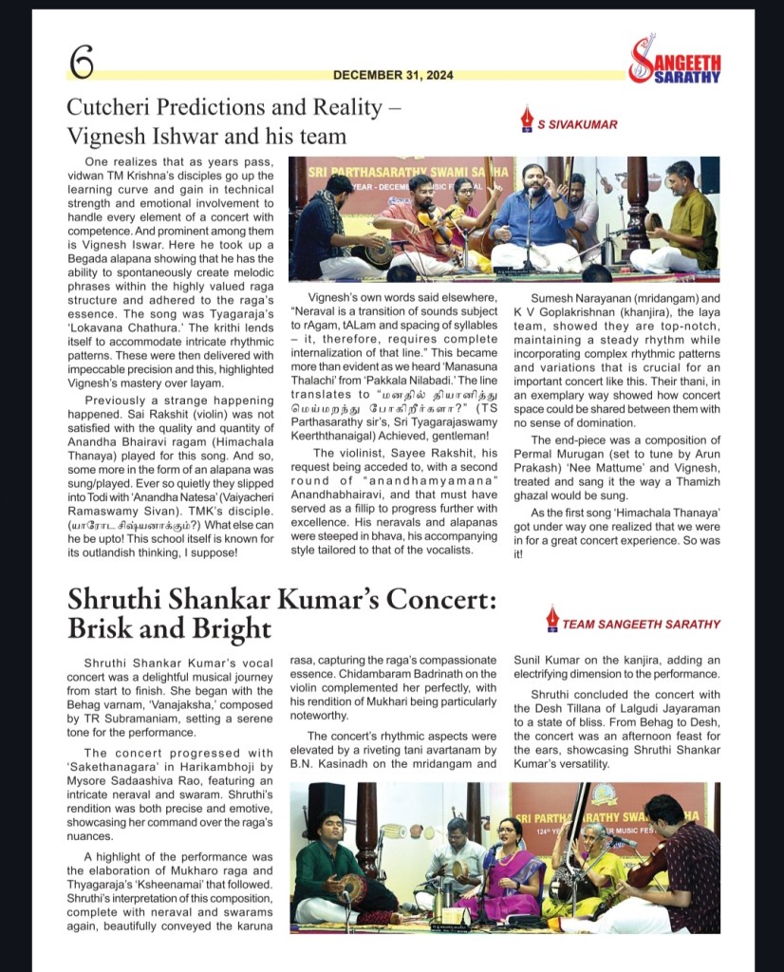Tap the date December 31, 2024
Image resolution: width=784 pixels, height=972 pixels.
(392, 75)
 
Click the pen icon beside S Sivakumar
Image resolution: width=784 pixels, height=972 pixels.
(526, 121)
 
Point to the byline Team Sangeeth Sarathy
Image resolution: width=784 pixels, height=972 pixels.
(641, 624)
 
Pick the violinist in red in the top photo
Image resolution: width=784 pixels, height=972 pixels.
(407, 223)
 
